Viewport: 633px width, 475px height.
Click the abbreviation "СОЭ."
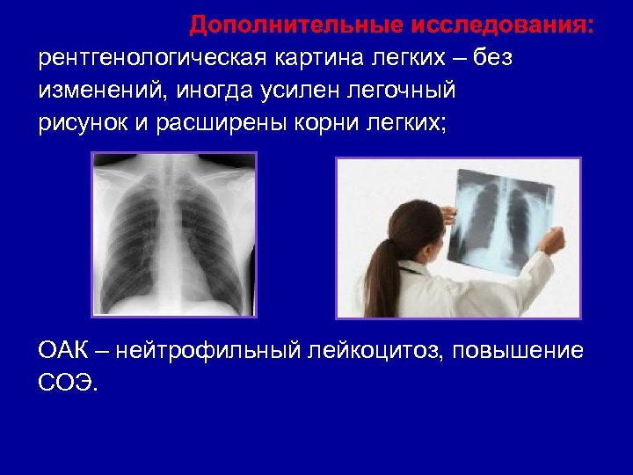coord(69,384)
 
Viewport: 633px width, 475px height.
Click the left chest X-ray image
coord(174,234)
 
